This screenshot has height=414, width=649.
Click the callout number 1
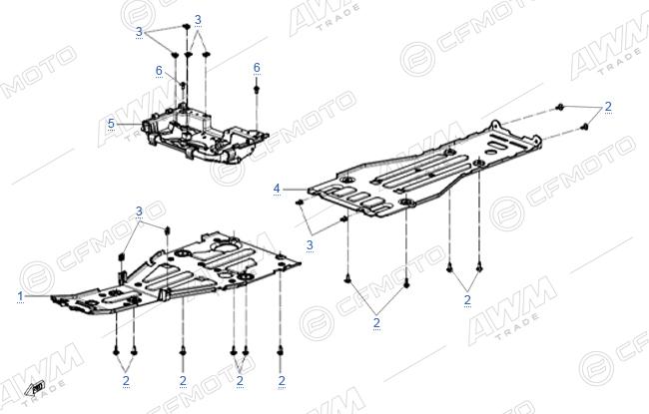20,296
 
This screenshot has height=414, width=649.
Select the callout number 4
277,189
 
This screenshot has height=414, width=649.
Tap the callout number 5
111,124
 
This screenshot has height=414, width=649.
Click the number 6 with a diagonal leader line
159,71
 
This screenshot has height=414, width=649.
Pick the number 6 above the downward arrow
257,68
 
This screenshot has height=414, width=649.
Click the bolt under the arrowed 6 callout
257,89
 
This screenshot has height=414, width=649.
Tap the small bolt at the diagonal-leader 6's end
183,85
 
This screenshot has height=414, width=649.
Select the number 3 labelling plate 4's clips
310,245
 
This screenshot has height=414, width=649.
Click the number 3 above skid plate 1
139,211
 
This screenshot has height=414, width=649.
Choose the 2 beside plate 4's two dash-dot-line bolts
608,107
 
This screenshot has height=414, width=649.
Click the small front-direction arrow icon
35,388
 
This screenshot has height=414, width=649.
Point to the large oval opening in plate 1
225,247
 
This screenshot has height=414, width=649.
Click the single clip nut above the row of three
186,27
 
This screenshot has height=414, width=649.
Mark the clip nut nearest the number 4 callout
300,202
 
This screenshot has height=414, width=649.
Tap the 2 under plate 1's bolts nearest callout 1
126,380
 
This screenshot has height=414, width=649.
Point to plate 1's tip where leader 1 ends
53,297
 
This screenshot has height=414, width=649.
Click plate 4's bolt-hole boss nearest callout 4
346,180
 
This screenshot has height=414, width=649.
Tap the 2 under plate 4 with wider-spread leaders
376,322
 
